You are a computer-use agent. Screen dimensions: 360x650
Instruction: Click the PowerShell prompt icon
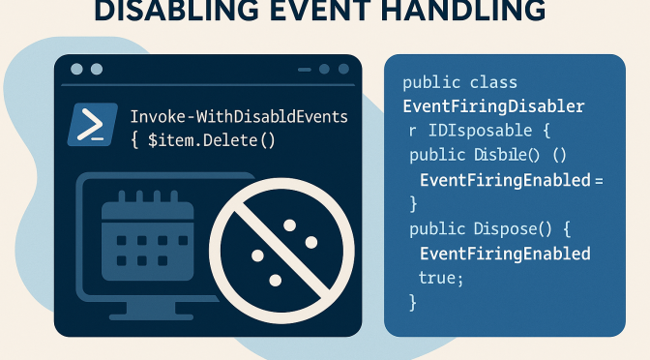coord(93,125)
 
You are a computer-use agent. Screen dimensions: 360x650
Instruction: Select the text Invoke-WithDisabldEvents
coord(238,116)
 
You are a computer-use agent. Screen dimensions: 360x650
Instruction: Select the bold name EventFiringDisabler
coord(492,105)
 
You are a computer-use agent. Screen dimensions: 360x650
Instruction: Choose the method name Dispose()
coord(512,228)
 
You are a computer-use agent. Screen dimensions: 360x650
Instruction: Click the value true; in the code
coord(441,277)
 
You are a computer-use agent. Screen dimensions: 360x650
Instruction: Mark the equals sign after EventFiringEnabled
coord(599,180)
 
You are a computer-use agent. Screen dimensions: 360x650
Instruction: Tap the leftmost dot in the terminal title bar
coord(75,70)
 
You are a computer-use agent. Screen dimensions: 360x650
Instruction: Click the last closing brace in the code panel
coord(414,301)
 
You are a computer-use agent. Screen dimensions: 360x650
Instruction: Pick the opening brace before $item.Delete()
coord(135,140)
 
